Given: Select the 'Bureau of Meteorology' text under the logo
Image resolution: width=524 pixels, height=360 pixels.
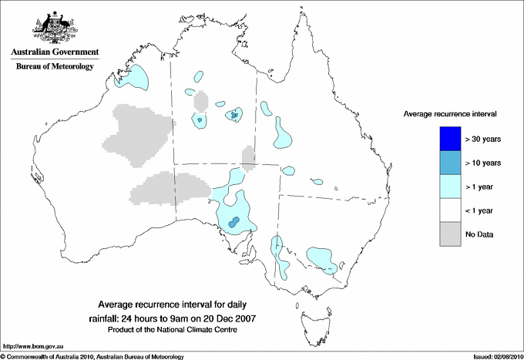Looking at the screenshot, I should (x=54, y=67).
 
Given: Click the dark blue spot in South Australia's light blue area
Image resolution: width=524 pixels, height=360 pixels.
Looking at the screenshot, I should (x=234, y=222).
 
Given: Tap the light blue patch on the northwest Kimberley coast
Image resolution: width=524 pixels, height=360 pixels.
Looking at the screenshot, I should (x=133, y=76).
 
